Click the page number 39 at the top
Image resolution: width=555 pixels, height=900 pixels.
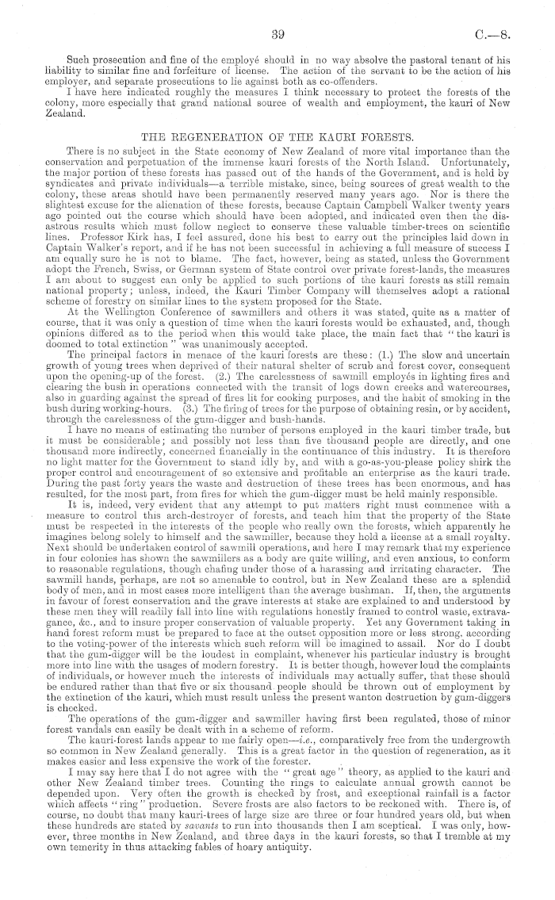pos(277,34)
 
